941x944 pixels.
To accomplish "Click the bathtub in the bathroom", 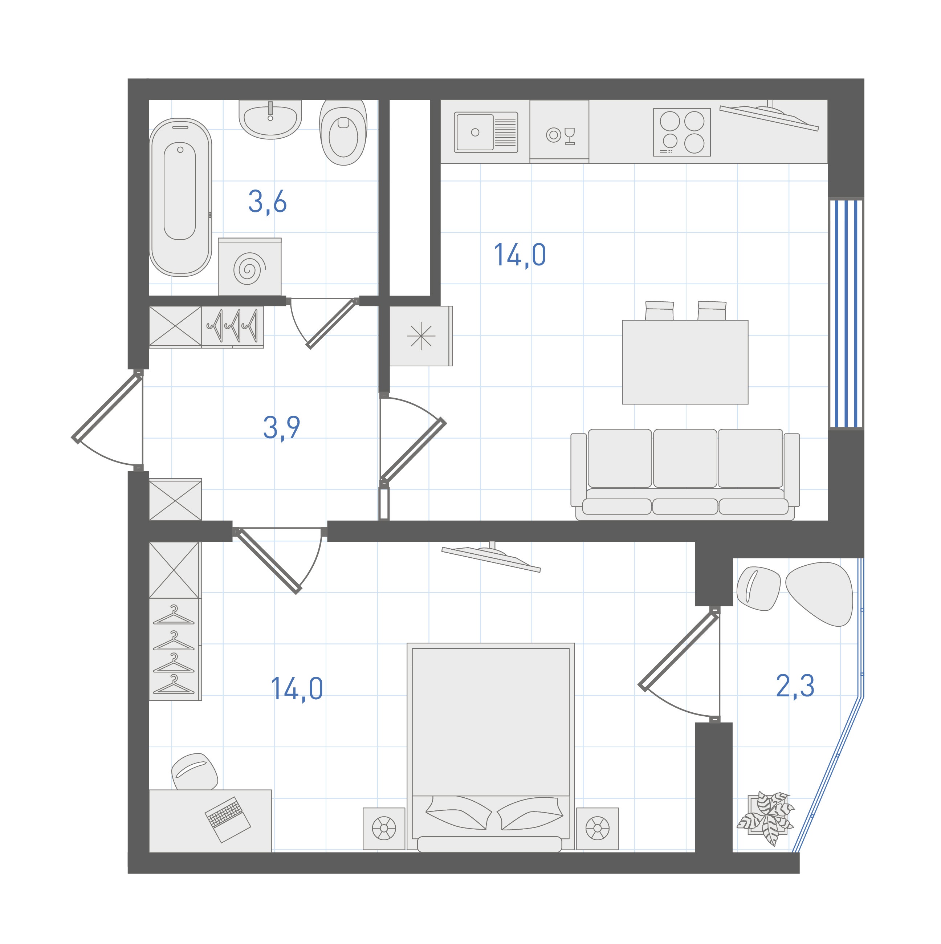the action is click(180, 197).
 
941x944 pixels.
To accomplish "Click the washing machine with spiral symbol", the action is click(250, 267).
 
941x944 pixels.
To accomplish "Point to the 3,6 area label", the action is click(267, 202).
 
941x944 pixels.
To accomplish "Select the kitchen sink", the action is click(486, 132).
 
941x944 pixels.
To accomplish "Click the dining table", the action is click(685, 362).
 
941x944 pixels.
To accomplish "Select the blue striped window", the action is click(846, 314).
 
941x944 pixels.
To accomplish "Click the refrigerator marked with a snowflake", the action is click(421, 336).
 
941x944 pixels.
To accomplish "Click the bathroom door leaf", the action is click(331, 324).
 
